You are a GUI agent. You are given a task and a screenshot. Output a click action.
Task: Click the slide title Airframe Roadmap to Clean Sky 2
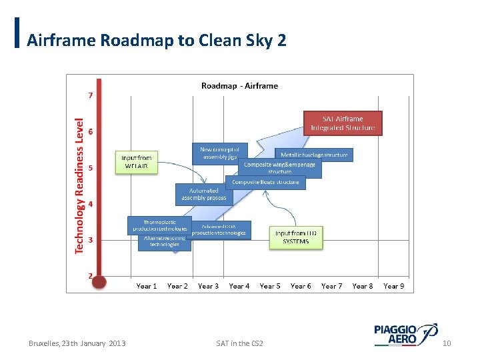click(x=157, y=41)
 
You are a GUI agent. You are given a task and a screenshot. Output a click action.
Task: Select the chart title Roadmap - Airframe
click(x=239, y=85)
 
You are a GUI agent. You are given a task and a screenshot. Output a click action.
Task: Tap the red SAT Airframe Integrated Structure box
click(x=343, y=123)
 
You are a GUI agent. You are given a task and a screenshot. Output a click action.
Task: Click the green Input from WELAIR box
click(x=137, y=162)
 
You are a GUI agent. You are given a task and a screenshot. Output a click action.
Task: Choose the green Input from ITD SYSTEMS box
click(x=296, y=237)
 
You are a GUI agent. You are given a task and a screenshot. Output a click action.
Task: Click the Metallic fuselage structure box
click(x=313, y=155)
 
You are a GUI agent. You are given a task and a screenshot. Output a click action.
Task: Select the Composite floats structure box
click(x=266, y=182)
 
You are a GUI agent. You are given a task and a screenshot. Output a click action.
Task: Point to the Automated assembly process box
click(x=204, y=194)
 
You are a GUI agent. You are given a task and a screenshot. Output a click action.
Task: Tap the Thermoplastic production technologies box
click(x=160, y=225)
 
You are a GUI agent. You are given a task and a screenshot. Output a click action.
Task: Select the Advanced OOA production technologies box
click(x=219, y=230)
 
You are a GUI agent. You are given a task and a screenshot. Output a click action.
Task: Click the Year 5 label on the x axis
click(x=270, y=286)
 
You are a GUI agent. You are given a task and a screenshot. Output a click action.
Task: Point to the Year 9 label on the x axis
click(x=393, y=286)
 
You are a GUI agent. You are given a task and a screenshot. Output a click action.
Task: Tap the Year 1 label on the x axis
click(x=147, y=286)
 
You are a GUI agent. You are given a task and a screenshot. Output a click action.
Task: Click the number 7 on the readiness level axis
click(x=90, y=95)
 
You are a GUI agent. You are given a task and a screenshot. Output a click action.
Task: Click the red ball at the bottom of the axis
click(x=99, y=281)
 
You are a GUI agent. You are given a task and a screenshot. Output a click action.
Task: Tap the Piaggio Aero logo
click(x=405, y=335)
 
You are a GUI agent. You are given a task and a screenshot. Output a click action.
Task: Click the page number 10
click(x=447, y=343)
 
